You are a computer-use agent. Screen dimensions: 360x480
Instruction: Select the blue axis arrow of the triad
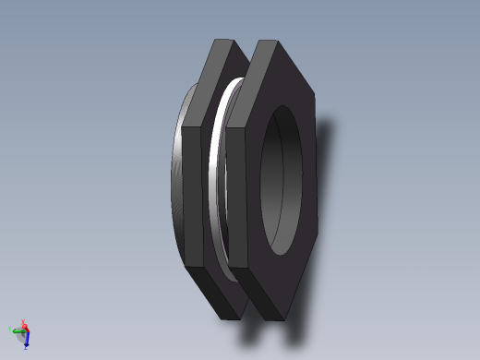pyautogui.click(x=27, y=341)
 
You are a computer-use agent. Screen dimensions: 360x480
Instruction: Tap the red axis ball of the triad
pyautogui.click(x=25, y=326)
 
